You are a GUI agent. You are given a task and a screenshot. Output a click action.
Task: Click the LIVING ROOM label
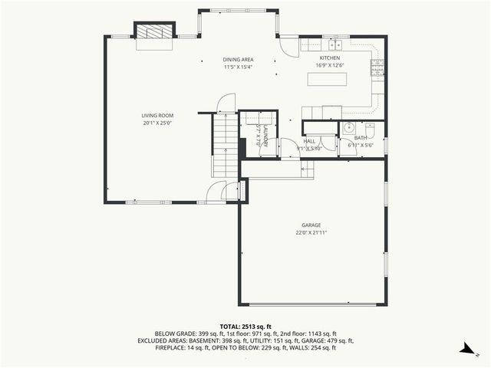(157, 116)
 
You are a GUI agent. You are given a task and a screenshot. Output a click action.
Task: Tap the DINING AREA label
(238, 60)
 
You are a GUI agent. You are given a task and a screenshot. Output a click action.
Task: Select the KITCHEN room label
(330, 58)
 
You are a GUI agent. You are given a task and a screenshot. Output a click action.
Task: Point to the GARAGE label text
(311, 225)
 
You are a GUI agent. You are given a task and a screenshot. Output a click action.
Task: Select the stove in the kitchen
(376, 68)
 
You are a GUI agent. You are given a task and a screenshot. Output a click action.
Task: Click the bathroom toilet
(370, 129)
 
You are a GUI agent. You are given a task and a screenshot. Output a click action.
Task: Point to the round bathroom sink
(348, 128)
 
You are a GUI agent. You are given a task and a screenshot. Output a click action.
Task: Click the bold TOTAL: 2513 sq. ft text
(245, 326)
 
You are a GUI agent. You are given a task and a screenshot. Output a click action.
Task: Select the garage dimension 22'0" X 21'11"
(311, 232)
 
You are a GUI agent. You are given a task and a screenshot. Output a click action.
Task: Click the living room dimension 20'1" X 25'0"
(157, 123)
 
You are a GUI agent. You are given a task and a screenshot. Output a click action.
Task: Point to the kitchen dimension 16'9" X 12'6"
(330, 65)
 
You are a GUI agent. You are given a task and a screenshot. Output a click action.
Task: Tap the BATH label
(360, 138)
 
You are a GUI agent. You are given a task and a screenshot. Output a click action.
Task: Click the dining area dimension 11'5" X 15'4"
(238, 67)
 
